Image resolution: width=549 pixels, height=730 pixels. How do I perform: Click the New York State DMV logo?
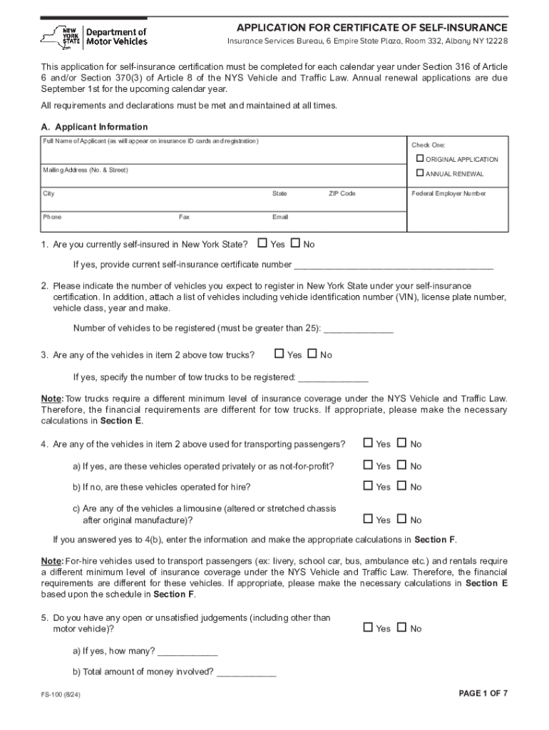click(x=94, y=36)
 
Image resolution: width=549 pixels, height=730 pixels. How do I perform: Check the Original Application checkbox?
click(x=421, y=158)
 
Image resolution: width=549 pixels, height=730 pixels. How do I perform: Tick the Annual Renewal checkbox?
click(x=421, y=173)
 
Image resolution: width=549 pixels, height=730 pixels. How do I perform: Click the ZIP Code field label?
click(x=342, y=194)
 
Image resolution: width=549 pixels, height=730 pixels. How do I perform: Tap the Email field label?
click(x=279, y=217)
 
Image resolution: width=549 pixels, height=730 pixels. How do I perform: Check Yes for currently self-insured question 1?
click(x=262, y=244)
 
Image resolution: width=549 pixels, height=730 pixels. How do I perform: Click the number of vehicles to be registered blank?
click(x=359, y=329)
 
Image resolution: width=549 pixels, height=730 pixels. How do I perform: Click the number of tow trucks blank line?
click(x=333, y=377)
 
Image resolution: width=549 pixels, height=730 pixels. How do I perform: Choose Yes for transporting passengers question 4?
click(x=368, y=443)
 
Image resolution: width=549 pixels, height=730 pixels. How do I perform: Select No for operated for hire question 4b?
click(x=401, y=486)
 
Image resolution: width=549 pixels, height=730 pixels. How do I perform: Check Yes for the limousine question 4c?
click(x=368, y=520)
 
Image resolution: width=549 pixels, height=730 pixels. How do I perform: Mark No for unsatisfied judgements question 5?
click(x=401, y=628)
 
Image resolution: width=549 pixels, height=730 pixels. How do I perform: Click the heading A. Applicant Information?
click(x=94, y=127)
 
